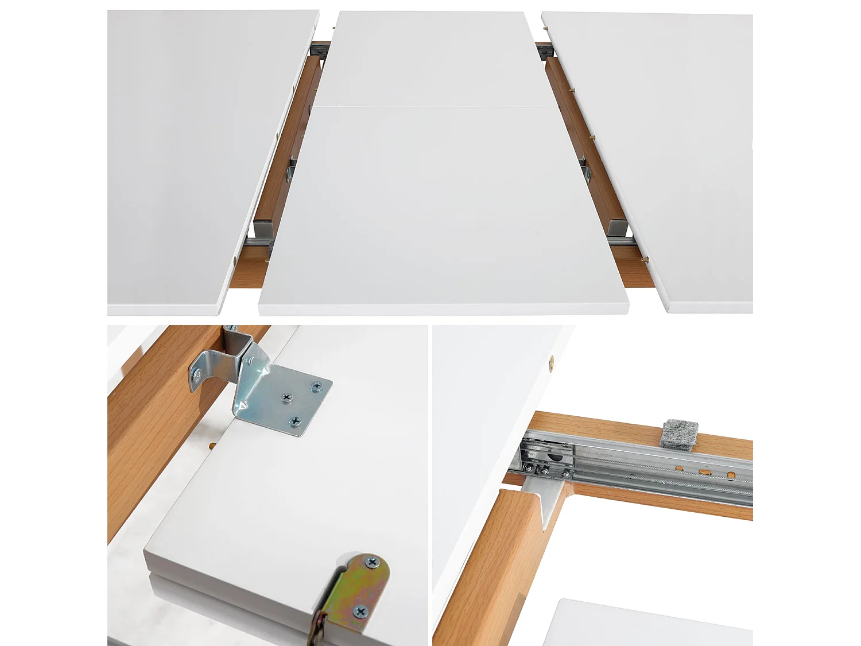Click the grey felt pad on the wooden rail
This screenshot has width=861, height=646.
click(x=679, y=434)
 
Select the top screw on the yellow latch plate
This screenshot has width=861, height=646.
click(x=372, y=563)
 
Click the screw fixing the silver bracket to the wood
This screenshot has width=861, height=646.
click(x=197, y=376)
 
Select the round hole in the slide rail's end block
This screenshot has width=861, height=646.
click(x=555, y=457)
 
